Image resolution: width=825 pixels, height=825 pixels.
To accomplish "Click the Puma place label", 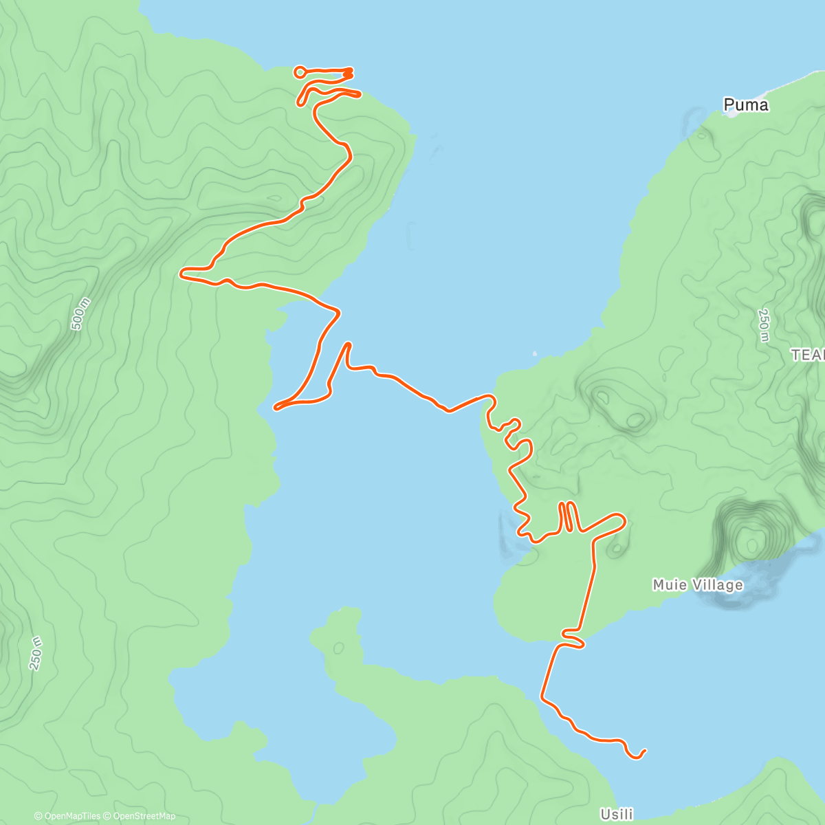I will [x=745, y=105].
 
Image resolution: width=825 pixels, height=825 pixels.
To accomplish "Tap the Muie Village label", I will [x=697, y=585].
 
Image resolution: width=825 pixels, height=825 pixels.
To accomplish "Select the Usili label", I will [x=616, y=815].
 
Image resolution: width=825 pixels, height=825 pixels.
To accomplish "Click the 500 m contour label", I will [x=80, y=313].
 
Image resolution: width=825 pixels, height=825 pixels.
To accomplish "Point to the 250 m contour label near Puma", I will [x=763, y=325].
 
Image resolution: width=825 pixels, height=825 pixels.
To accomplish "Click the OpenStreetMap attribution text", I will [x=144, y=816].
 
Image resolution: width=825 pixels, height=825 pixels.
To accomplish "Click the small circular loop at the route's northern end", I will [x=300, y=71].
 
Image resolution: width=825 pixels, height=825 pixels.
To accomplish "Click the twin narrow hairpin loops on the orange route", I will [x=568, y=517].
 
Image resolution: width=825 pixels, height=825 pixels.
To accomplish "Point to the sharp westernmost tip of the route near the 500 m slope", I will [x=181, y=274].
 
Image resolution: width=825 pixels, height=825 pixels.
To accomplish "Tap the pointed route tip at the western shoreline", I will [x=276, y=408].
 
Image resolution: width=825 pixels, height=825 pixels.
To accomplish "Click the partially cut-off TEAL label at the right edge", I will [x=808, y=355].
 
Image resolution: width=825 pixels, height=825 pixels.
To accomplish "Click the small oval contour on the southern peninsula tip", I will [x=338, y=648].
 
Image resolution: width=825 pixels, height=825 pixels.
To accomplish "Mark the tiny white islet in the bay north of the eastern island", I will [x=535, y=354].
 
